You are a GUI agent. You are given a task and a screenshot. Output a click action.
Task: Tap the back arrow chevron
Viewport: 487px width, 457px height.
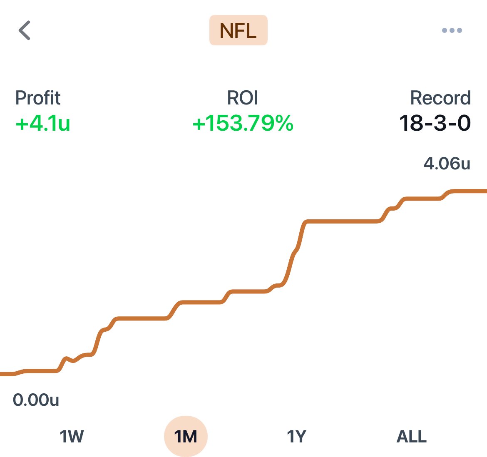[25, 30]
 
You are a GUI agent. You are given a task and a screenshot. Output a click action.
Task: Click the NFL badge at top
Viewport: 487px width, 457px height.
[238, 30]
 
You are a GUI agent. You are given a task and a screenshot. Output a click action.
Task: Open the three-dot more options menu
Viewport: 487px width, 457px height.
[452, 30]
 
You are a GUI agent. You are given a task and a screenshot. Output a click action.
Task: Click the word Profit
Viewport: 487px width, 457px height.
[37, 98]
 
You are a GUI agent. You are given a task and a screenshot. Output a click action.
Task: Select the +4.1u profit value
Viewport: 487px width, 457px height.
[42, 124]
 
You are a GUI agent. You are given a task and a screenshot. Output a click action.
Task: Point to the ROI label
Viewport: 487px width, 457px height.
[243, 98]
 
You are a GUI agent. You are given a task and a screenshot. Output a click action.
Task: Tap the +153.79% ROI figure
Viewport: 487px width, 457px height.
[243, 124]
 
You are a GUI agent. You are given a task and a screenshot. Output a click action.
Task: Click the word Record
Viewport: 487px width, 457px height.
[440, 98]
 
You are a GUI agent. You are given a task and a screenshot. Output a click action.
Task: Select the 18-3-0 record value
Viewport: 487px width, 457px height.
[435, 124]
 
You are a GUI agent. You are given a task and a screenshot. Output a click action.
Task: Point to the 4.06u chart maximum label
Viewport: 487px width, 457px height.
[447, 164]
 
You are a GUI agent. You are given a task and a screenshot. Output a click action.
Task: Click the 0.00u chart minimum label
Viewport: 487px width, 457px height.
[36, 400]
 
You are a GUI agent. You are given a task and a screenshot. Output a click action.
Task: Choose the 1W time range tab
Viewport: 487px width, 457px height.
[72, 437]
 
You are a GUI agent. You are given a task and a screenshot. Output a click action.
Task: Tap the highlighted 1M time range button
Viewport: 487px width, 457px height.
[186, 437]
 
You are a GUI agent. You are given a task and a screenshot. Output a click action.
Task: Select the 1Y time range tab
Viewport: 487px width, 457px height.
[296, 437]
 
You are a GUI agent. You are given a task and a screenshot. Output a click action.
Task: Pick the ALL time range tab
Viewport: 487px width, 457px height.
[412, 437]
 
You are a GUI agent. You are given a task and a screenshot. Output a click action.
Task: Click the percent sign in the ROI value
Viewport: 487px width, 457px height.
[283, 124]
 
